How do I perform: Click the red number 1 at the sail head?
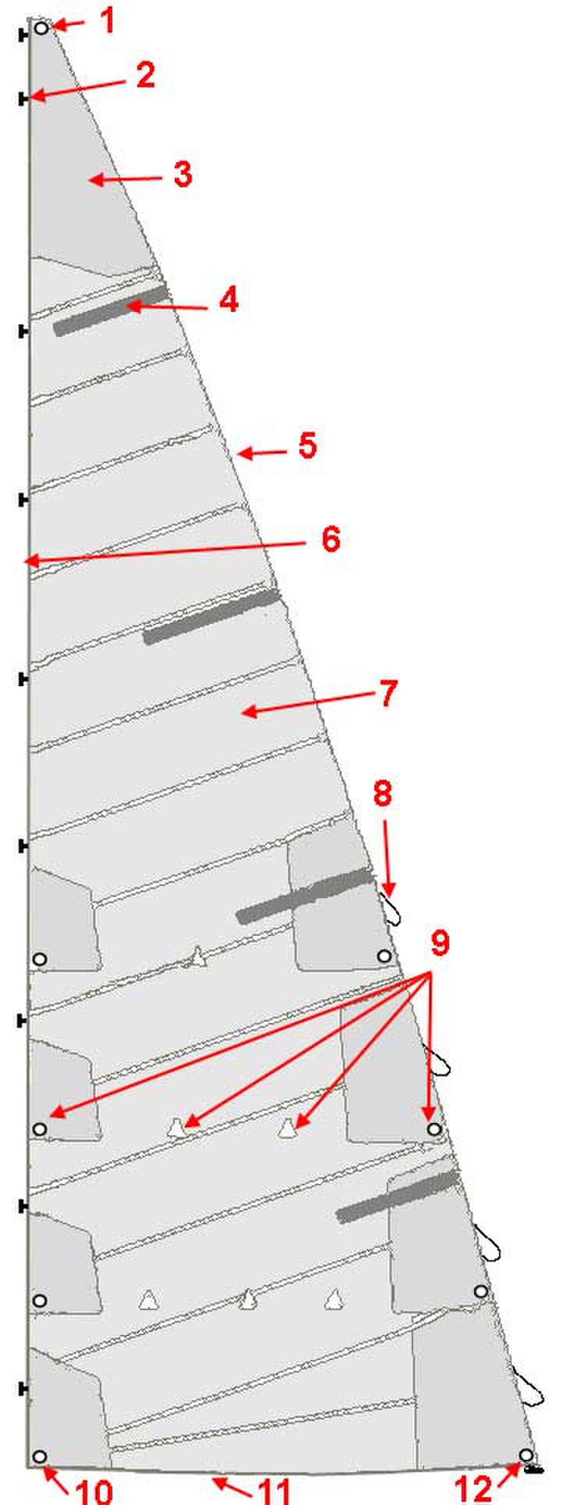click(x=107, y=22)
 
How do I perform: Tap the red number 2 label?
click(x=145, y=75)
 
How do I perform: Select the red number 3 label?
click(x=183, y=174)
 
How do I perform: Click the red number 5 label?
click(x=307, y=445)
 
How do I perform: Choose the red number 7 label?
click(x=387, y=693)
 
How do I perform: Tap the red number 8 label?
click(x=383, y=794)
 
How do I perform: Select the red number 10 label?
click(x=94, y=1490)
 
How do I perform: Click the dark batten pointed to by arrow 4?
click(x=111, y=310)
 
